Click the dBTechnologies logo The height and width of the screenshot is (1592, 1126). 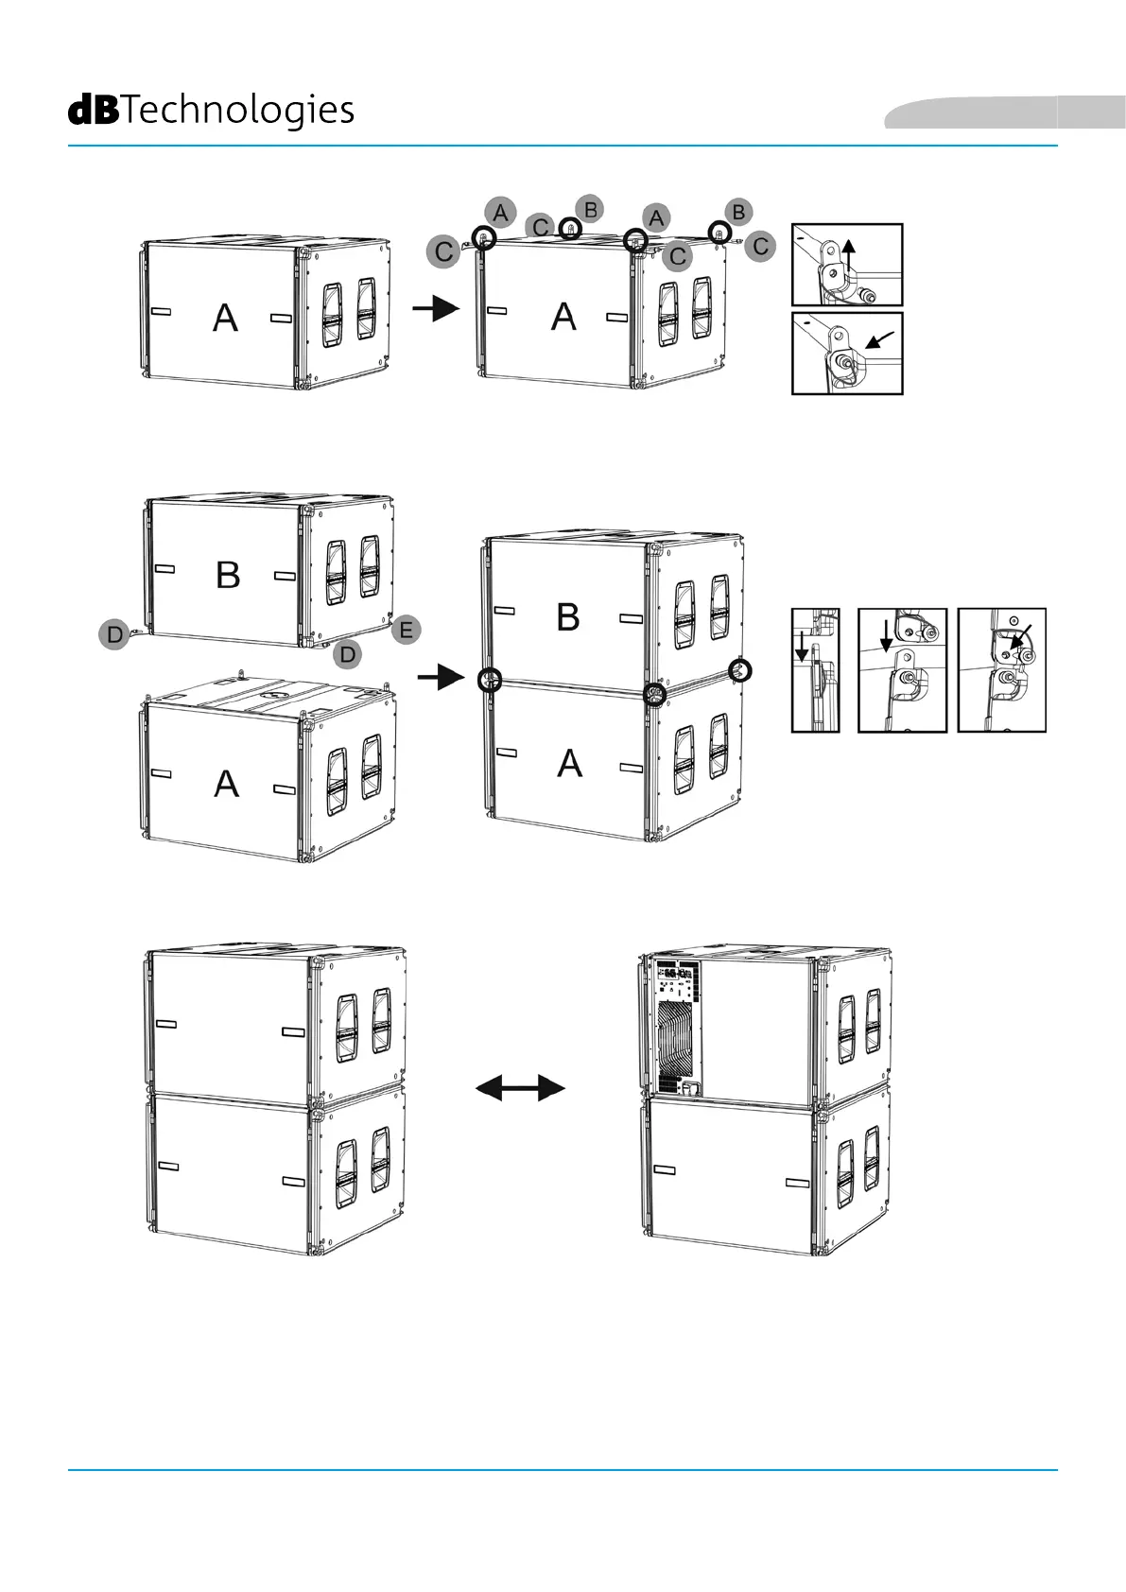pos(211,111)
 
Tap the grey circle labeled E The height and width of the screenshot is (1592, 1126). pos(406,630)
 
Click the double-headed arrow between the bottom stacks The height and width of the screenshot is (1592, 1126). pos(519,1088)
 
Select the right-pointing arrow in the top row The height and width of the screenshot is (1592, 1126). pos(436,308)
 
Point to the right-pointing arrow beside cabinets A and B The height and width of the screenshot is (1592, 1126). pos(441,677)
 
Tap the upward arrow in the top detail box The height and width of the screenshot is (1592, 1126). pos(849,255)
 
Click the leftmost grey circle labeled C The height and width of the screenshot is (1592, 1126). pos(443,252)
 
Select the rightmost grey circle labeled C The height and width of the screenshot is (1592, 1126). pos(760,247)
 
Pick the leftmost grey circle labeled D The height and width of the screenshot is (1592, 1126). pos(114,633)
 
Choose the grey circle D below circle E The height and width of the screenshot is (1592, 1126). pos(348,653)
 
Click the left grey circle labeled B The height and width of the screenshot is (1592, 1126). pos(590,209)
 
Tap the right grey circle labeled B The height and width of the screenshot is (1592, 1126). pos(738,212)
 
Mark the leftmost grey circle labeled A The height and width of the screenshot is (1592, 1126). pos(500,212)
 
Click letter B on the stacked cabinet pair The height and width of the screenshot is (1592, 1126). pos(567,617)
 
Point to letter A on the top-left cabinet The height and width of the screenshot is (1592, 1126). pos(225,318)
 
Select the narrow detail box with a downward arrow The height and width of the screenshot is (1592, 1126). pos(815,670)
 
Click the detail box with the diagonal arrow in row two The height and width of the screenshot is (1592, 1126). pos(1001,670)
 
